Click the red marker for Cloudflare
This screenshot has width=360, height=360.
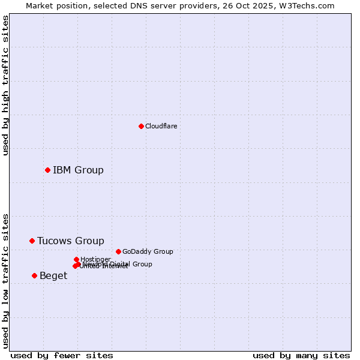pos(141,126)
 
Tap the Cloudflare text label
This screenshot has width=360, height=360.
pos(161,126)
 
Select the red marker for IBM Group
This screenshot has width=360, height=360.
pos(47,170)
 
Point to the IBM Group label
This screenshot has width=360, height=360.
pos(78,170)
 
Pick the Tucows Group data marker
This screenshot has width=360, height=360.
pos(32,241)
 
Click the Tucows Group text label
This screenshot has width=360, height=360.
pos(71,241)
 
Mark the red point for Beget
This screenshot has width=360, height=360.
pos(34,275)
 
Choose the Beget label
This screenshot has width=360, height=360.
pos(53,275)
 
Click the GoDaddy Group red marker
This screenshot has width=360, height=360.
pos(118,251)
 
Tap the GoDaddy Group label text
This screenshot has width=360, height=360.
pos(148,251)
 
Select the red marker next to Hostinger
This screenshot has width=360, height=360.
pos(76,259)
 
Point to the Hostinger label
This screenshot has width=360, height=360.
pos(95,259)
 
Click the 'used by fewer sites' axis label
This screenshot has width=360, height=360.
pos(62,355)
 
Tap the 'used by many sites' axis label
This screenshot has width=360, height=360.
pos(301,355)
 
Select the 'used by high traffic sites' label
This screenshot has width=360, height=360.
pos(6,85)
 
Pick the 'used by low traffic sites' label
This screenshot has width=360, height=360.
pos(6,281)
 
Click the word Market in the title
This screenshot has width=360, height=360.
pos(40,5)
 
